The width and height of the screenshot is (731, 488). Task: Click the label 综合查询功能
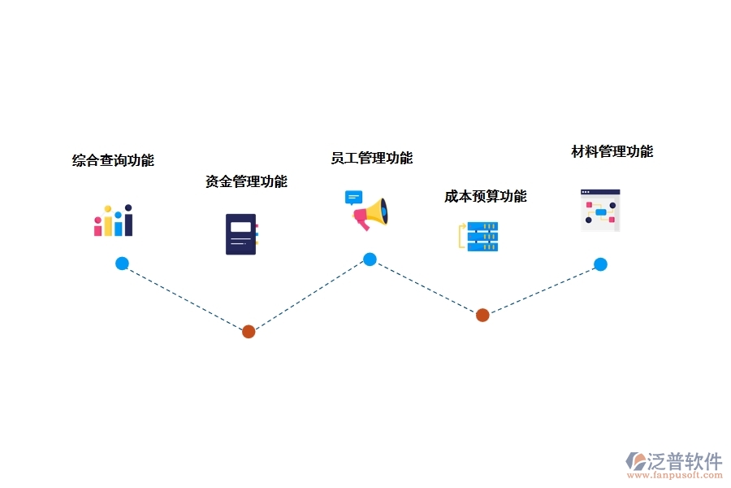click(113, 160)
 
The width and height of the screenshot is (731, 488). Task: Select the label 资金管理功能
click(246, 181)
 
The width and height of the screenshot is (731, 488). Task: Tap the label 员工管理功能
click(371, 158)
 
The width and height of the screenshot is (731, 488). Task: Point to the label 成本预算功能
click(485, 196)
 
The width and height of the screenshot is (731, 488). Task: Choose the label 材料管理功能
click(612, 151)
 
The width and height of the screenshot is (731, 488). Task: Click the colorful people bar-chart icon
click(113, 220)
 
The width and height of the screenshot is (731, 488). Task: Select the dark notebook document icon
click(241, 234)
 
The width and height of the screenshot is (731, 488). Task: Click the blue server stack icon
click(480, 236)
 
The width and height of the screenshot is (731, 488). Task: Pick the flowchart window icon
click(600, 211)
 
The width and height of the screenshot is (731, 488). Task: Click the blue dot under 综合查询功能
click(122, 264)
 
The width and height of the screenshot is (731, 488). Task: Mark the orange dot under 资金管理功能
click(249, 332)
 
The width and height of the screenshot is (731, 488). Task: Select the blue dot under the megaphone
click(370, 259)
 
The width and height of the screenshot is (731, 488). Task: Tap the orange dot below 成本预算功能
click(482, 315)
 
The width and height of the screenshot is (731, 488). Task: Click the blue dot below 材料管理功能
click(600, 264)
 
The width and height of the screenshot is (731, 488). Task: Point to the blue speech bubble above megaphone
click(353, 198)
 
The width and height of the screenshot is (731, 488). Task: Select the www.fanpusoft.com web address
click(678, 476)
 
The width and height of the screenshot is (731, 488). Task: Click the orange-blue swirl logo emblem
click(635, 462)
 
